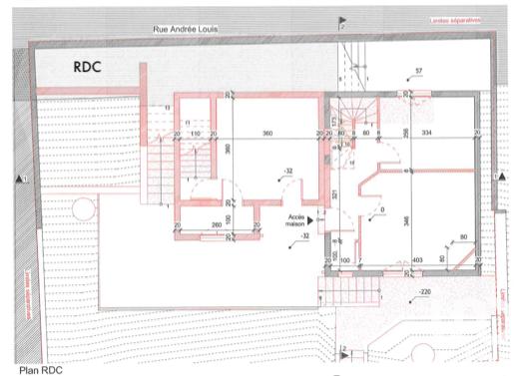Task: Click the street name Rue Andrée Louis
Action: tap(186, 31)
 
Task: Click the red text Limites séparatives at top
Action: tap(455, 19)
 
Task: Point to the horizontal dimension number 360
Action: tap(267, 133)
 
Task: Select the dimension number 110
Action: tap(196, 133)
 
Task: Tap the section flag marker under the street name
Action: tap(342, 21)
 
